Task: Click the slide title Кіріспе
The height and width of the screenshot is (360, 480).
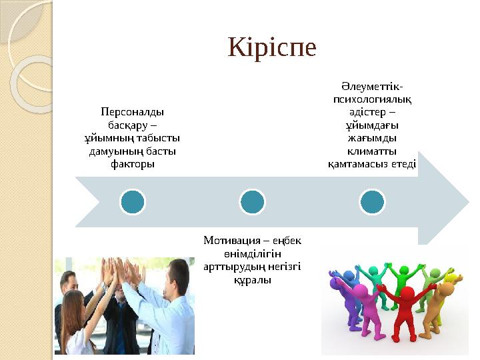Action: (x=272, y=47)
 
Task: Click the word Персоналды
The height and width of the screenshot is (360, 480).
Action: (x=133, y=111)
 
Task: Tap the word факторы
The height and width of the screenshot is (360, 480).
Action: (x=133, y=163)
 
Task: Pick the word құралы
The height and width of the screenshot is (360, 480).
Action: (x=251, y=280)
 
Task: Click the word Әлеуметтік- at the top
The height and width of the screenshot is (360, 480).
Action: (x=372, y=87)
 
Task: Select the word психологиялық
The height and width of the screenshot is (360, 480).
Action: (x=372, y=99)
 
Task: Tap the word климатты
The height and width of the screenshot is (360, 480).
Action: (x=372, y=151)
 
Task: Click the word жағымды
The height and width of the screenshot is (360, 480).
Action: (x=372, y=138)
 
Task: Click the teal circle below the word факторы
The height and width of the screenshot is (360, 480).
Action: (x=133, y=201)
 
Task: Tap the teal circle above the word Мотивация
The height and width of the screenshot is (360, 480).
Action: (x=252, y=201)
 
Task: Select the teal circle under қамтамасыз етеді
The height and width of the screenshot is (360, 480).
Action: (x=372, y=201)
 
